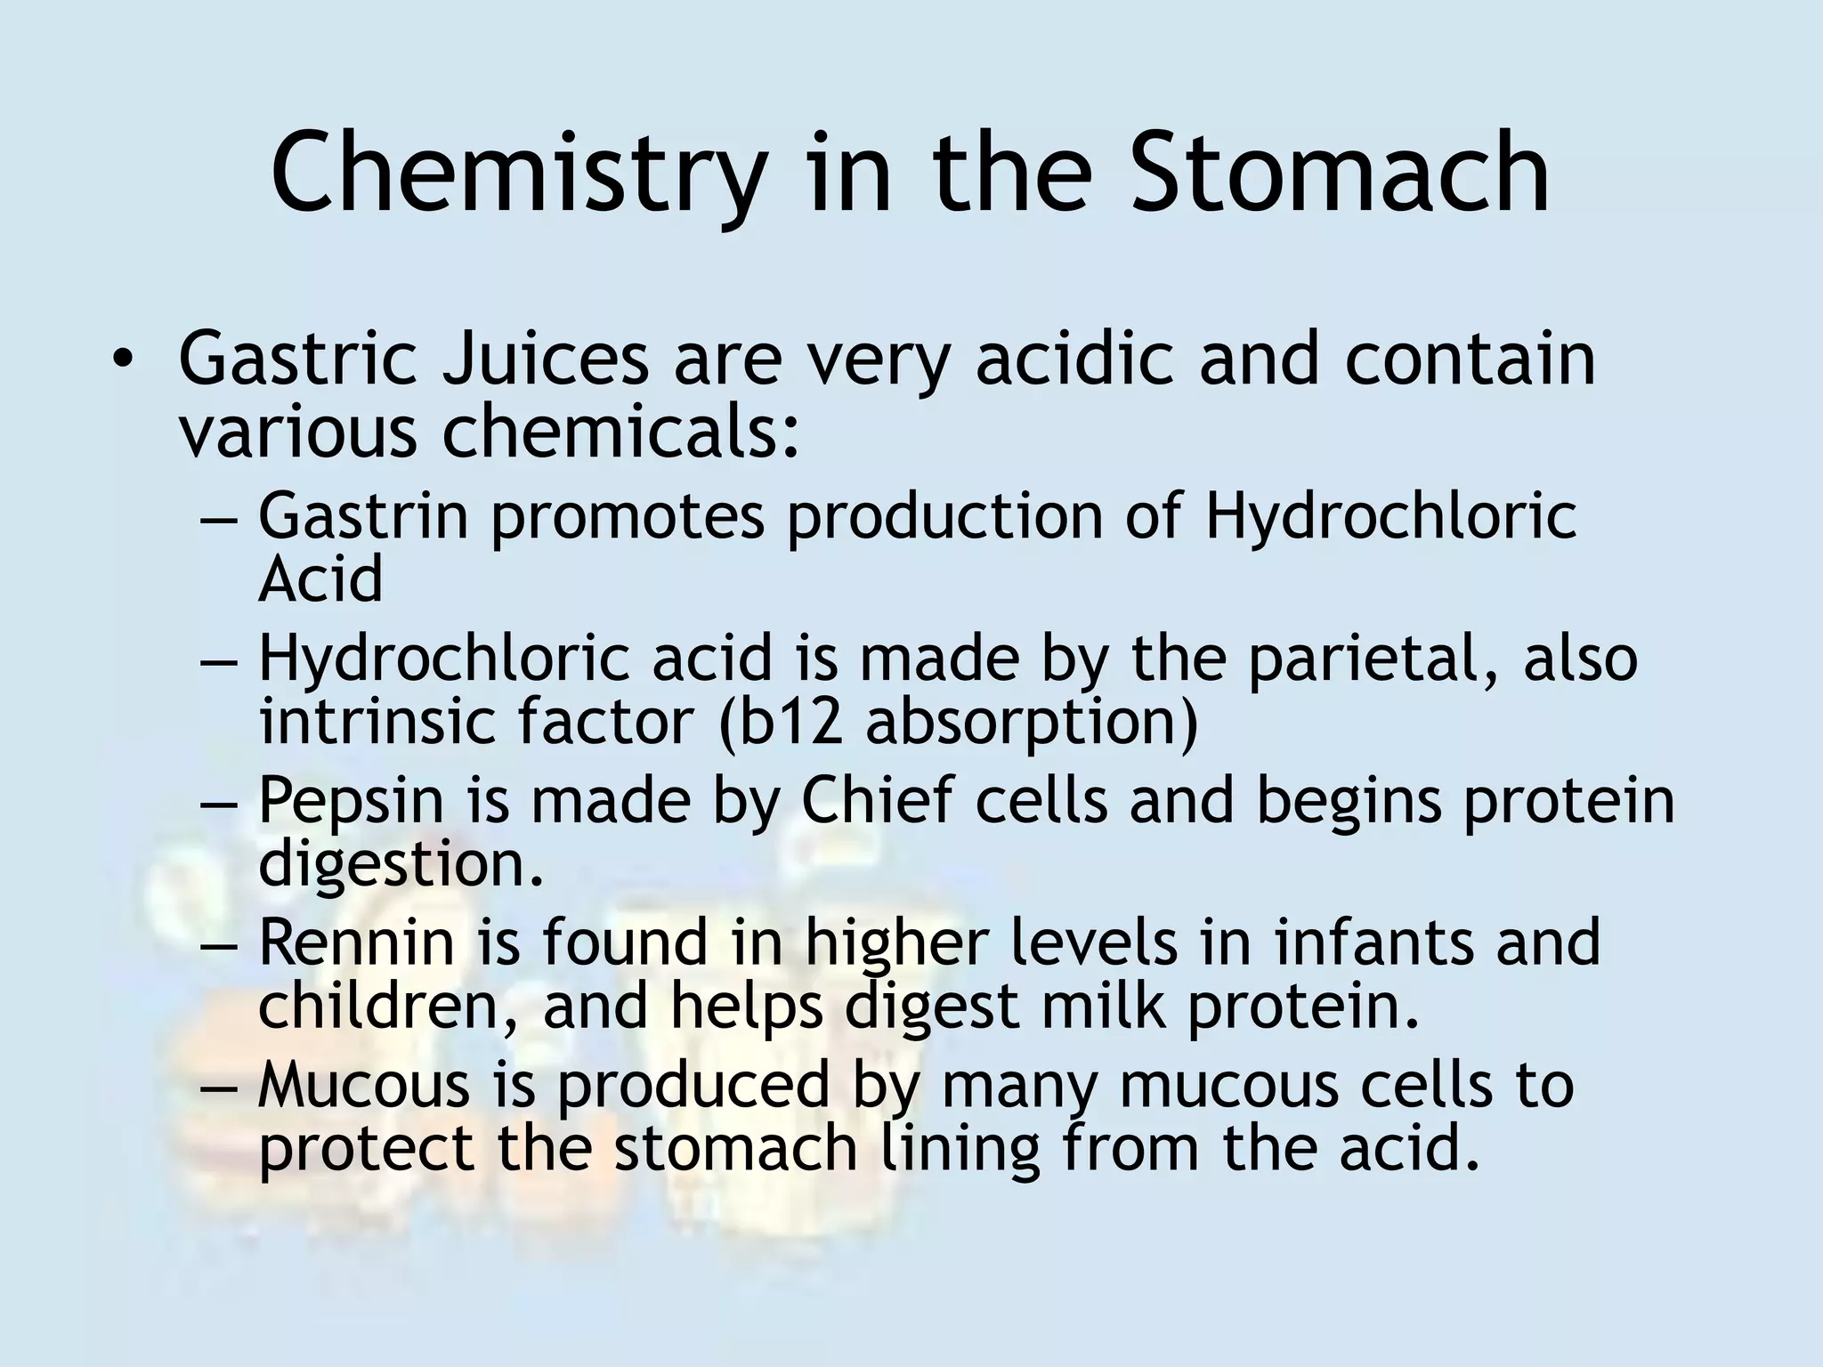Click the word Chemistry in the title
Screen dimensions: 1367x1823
click(516, 174)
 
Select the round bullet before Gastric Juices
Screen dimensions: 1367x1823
click(122, 360)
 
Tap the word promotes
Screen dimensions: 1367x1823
click(628, 516)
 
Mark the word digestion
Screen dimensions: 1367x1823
click(400, 863)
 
